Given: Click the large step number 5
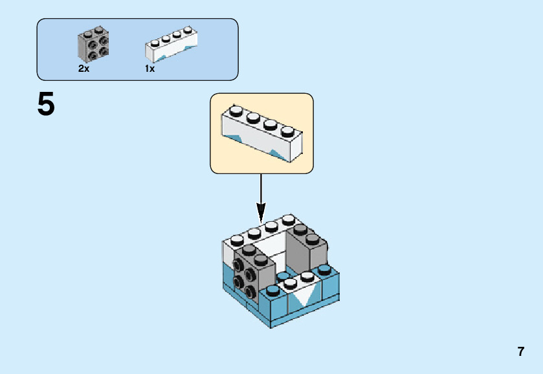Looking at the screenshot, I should [x=46, y=104].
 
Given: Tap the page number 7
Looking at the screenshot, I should [x=520, y=352].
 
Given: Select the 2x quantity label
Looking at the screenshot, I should [x=83, y=69].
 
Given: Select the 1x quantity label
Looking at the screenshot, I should [x=150, y=69].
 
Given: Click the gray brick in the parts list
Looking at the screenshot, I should [x=93, y=44].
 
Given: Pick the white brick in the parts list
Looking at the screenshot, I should [x=171, y=45].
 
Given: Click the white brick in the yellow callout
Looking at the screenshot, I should [x=262, y=134].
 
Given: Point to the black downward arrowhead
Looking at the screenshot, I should [x=261, y=212].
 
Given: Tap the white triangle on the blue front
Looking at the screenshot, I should [x=302, y=298].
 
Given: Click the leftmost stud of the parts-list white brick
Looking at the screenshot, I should [x=155, y=43].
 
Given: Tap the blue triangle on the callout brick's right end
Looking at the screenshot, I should [x=280, y=155].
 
